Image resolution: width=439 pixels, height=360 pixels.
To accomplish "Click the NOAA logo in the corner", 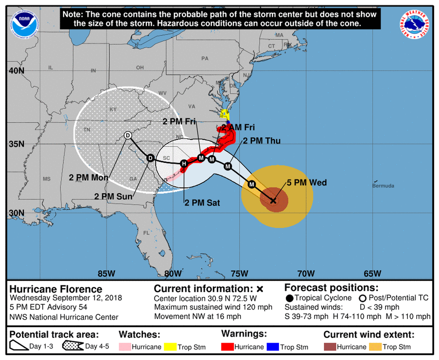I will pyautogui.click(x=25, y=25).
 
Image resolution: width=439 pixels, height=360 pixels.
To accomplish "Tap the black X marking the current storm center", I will pyautogui.click(x=273, y=201).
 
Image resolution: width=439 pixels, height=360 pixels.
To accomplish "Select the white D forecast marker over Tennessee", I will pyautogui.click(x=128, y=136).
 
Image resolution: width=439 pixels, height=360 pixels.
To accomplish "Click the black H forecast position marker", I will pyautogui.click(x=184, y=164).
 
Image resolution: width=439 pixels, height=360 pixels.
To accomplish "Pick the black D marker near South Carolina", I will pyautogui.click(x=150, y=158).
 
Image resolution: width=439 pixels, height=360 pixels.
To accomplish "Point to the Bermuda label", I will pyautogui.click(x=383, y=186).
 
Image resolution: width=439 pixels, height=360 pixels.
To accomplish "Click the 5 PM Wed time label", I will pyautogui.click(x=307, y=183).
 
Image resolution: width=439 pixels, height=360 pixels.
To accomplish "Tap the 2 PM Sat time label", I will pyautogui.click(x=202, y=203).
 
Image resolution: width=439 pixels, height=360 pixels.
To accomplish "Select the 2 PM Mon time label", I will pyautogui.click(x=89, y=178).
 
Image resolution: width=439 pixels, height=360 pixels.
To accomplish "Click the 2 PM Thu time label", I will pyautogui.click(x=261, y=141).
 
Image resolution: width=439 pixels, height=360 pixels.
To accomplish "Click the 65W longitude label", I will pyautogui.click(x=372, y=274).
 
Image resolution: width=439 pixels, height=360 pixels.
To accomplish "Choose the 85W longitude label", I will pyautogui.click(x=106, y=274).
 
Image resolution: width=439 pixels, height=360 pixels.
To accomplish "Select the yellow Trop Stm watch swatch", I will pyautogui.click(x=170, y=347).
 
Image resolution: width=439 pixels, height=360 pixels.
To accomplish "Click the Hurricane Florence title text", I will pyautogui.click(x=56, y=289).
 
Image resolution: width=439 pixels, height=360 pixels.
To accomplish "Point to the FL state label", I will pyautogui.click(x=146, y=233).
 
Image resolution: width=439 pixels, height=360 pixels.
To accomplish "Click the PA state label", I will pyautogui.click(x=204, y=59).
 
